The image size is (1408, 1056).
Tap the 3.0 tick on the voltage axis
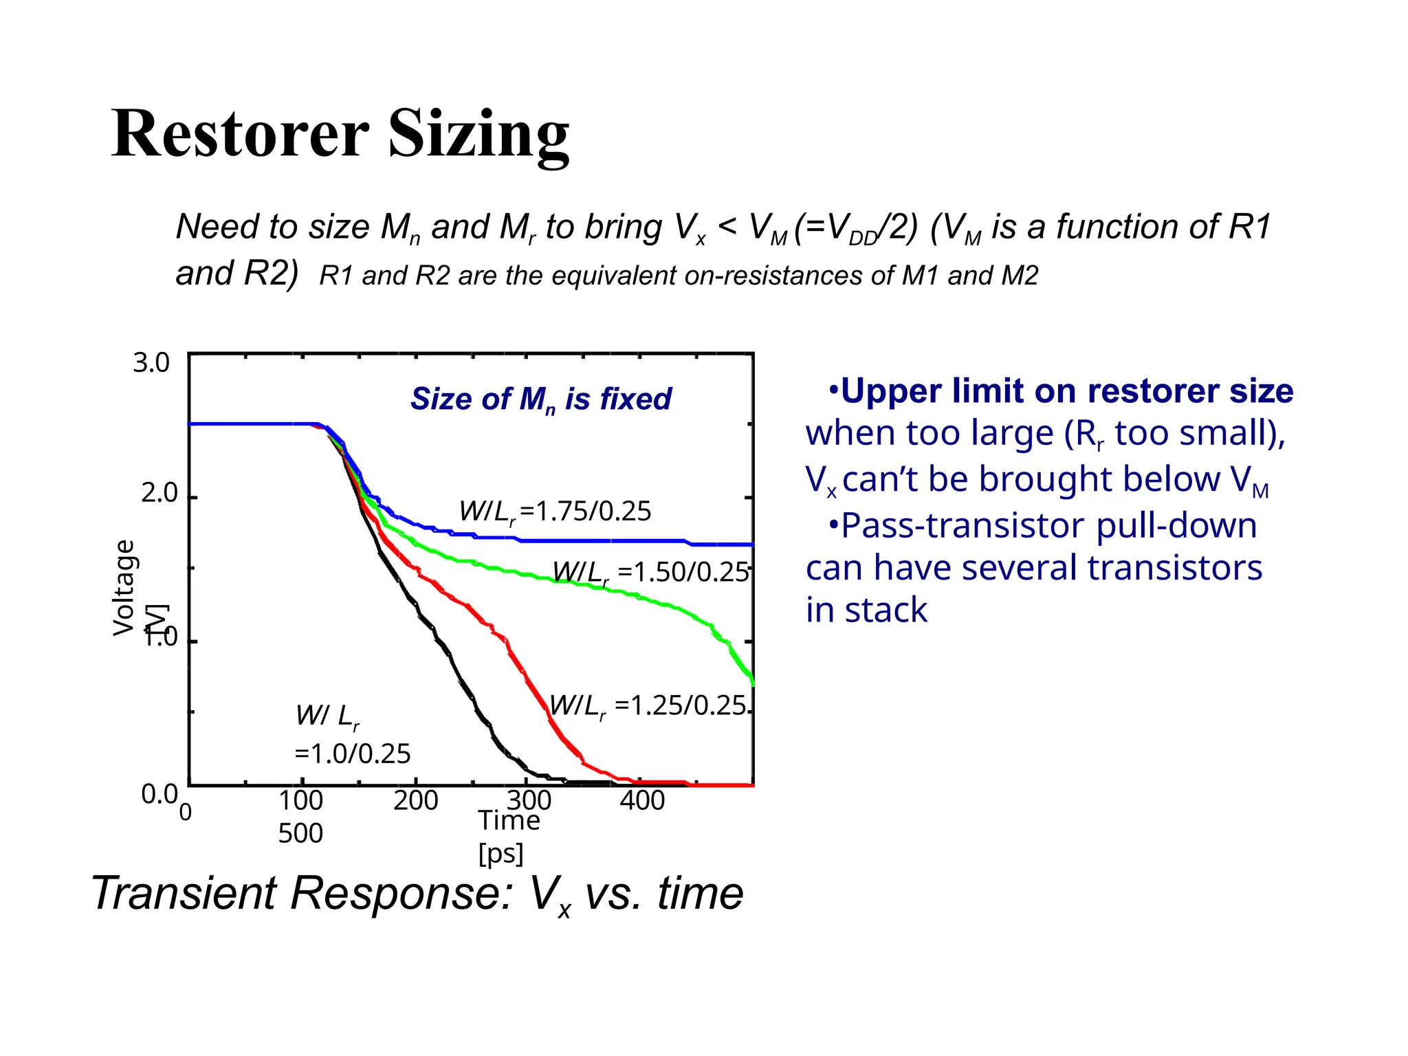tap(151, 362)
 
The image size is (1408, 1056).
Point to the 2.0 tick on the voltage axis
tap(159, 493)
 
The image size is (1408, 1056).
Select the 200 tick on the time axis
tap(415, 800)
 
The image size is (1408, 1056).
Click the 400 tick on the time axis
tap(642, 800)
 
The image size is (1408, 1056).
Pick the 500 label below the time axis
tap(300, 833)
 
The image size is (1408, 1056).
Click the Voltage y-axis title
tap(124, 587)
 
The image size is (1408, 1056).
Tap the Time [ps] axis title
tap(508, 836)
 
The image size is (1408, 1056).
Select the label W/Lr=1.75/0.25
tap(555, 511)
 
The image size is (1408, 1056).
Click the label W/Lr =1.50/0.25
tap(650, 572)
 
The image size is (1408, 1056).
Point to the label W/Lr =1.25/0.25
tap(648, 706)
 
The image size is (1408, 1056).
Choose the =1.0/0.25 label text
tap(352, 754)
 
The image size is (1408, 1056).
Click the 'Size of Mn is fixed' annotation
tap(540, 399)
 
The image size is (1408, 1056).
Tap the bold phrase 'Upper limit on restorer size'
tap(1066, 390)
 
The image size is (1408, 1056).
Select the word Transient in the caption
tap(184, 893)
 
